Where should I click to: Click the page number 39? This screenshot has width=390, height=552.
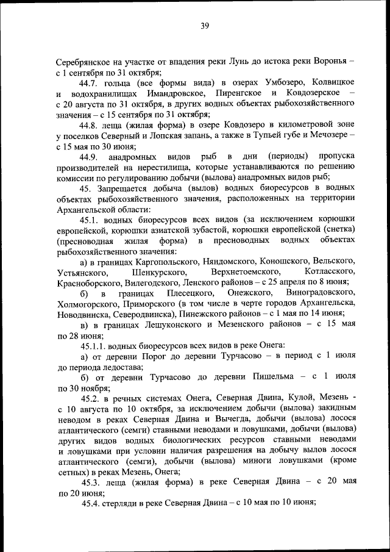(x=204, y=26)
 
